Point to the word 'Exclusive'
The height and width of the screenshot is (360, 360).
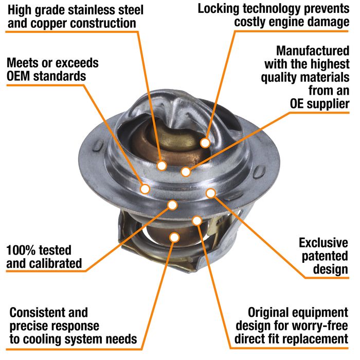323,243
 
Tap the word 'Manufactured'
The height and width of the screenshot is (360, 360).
313,51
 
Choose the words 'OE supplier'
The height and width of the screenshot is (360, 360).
319,104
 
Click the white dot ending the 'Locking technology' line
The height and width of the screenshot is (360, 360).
205,143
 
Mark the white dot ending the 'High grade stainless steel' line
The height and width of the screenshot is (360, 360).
161,166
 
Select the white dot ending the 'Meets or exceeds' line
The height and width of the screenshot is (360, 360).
145,189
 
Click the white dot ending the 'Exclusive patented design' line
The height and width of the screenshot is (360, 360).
211,193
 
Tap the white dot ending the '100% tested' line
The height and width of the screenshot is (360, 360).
172,205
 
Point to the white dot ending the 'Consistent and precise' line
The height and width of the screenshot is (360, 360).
174,237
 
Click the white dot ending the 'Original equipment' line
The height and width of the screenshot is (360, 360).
197,221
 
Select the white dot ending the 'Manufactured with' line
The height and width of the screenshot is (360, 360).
186,171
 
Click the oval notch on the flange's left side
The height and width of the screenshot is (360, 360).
98,146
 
